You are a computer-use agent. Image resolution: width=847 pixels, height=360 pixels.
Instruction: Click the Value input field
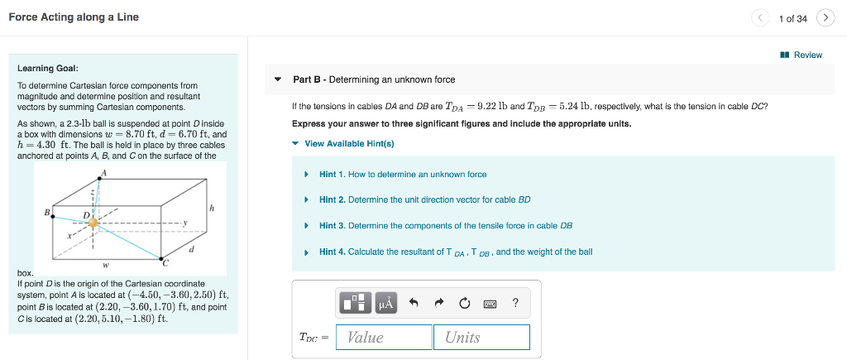(384, 337)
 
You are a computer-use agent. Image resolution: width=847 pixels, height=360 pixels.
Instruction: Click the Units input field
(481, 337)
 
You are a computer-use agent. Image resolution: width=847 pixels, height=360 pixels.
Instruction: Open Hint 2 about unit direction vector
(424, 200)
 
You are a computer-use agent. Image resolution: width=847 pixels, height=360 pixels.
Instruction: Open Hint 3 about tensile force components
(445, 226)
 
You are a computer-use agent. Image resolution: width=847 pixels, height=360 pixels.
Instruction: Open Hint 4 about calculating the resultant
(455, 252)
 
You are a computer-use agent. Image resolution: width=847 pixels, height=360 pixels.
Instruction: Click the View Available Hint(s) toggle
(348, 143)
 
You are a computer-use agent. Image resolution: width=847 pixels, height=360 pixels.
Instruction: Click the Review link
(802, 55)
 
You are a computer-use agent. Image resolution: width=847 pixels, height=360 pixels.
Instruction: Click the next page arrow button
(825, 17)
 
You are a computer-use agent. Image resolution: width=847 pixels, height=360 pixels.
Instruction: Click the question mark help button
(516, 303)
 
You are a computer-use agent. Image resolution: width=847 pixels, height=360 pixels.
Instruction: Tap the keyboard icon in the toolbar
(490, 304)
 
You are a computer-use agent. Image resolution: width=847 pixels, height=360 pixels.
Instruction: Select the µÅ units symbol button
(386, 304)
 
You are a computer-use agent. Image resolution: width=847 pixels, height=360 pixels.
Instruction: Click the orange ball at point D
(93, 223)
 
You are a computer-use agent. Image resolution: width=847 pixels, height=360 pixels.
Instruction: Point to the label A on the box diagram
(103, 172)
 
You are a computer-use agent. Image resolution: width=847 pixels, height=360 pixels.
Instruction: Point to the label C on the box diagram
(165, 263)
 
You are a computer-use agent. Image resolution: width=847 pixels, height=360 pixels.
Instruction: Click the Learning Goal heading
(48, 68)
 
